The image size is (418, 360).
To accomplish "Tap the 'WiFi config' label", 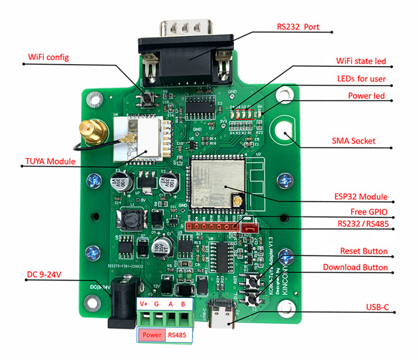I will [48, 56].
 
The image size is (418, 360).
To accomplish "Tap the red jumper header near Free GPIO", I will [245, 226].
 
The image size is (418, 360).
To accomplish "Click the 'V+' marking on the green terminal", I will [144, 304].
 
